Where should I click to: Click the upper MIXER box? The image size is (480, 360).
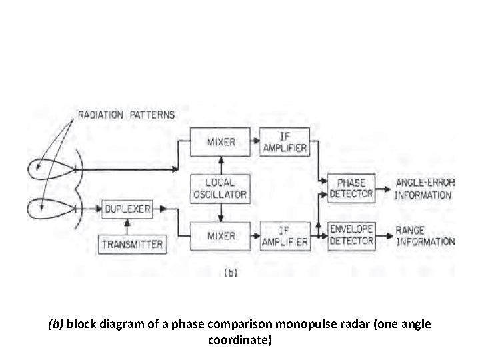coord(220,142)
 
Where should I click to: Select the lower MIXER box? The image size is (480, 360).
coord(220,236)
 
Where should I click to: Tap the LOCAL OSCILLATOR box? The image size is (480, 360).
coord(220,189)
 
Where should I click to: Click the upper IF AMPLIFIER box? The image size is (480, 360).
coord(284,142)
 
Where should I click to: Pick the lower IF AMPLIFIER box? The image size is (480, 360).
coord(284,236)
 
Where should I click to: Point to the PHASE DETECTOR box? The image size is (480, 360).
coord(351,189)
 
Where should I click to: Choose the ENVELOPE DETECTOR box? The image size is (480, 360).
coord(351,235)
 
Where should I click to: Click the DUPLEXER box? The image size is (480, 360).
coord(127,209)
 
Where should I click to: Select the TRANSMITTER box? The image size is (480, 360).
coord(131,244)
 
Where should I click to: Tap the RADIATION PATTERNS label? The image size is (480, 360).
coord(126,115)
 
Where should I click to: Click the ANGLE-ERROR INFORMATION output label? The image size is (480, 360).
coord(424,189)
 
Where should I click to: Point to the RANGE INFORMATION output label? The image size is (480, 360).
coord(424,235)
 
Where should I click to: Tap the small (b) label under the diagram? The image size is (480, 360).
coord(231,272)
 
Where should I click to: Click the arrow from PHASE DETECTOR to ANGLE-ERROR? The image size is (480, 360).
coord(383,189)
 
